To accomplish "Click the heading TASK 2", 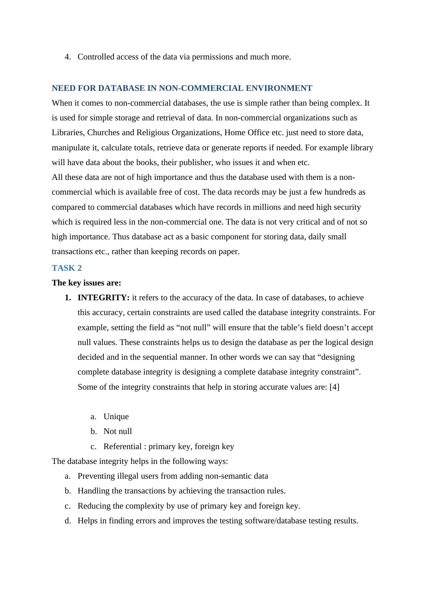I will click(x=67, y=268).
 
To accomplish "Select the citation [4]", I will click(x=334, y=387).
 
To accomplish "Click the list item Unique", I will click(x=116, y=416).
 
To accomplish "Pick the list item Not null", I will click(x=118, y=431).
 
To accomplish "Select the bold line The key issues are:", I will click(x=86, y=283).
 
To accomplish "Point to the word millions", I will click(x=268, y=207).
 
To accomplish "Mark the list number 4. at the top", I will click(x=68, y=57).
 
